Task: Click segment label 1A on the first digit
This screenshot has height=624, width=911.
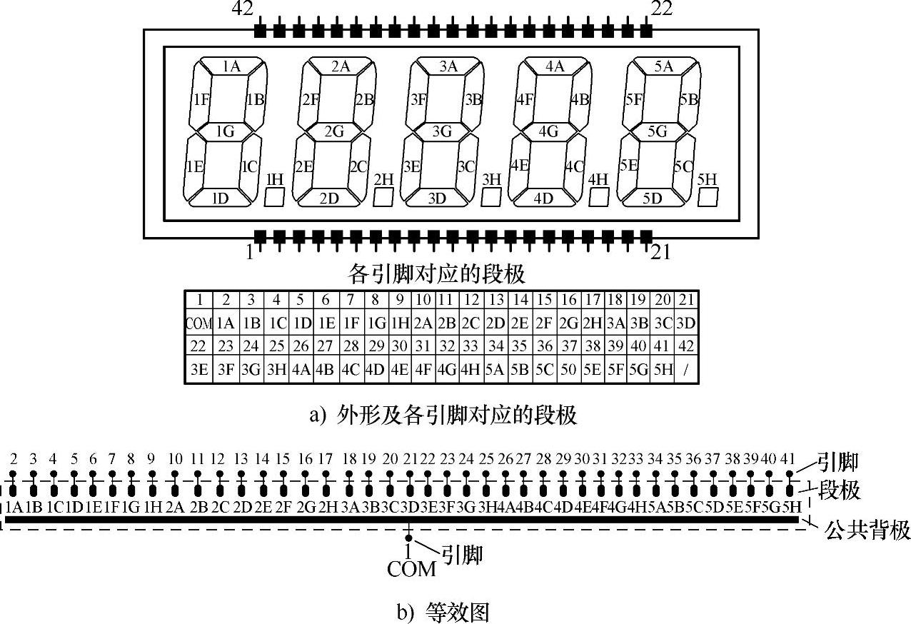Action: tap(231, 67)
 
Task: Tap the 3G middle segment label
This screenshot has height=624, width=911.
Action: tap(443, 131)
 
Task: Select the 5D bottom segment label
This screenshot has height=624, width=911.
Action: tap(652, 198)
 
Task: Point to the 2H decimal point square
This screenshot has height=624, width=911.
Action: tap(383, 197)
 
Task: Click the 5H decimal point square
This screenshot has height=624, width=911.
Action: tap(707, 197)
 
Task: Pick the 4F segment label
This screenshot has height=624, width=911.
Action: tap(525, 99)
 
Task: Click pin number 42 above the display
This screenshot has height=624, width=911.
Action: tap(242, 9)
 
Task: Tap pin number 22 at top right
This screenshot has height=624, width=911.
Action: tap(661, 9)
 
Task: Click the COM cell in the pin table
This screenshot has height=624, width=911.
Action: tap(199, 323)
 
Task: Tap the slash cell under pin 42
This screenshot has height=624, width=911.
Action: tap(686, 371)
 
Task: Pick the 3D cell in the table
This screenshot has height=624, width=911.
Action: tap(685, 323)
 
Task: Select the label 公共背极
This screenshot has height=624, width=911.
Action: tap(867, 530)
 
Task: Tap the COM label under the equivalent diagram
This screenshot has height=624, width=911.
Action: tap(411, 569)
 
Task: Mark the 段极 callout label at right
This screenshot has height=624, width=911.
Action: tap(838, 490)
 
